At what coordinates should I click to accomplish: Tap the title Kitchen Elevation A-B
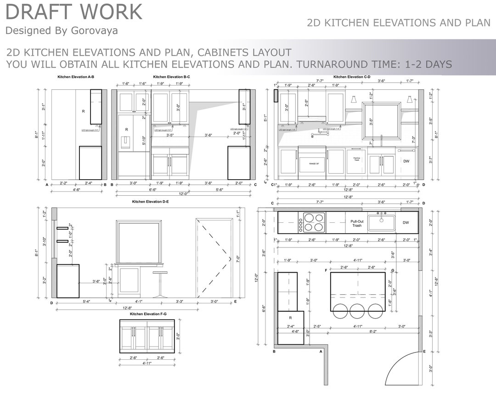[76, 77]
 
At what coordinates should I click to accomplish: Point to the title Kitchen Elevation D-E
[150, 202]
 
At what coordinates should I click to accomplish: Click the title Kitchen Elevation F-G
[148, 314]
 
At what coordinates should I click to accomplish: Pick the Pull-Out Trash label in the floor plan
[357, 223]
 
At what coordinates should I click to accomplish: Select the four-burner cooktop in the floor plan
[312, 222]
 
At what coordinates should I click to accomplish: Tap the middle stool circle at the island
[358, 311]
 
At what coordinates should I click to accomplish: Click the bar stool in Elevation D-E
[160, 284]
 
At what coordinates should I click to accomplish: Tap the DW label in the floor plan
[406, 223]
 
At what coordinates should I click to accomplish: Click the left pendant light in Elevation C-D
[354, 99]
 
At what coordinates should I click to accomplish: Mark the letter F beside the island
[326, 271]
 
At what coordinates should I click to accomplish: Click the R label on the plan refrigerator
[290, 317]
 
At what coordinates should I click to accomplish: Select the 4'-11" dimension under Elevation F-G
[147, 363]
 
